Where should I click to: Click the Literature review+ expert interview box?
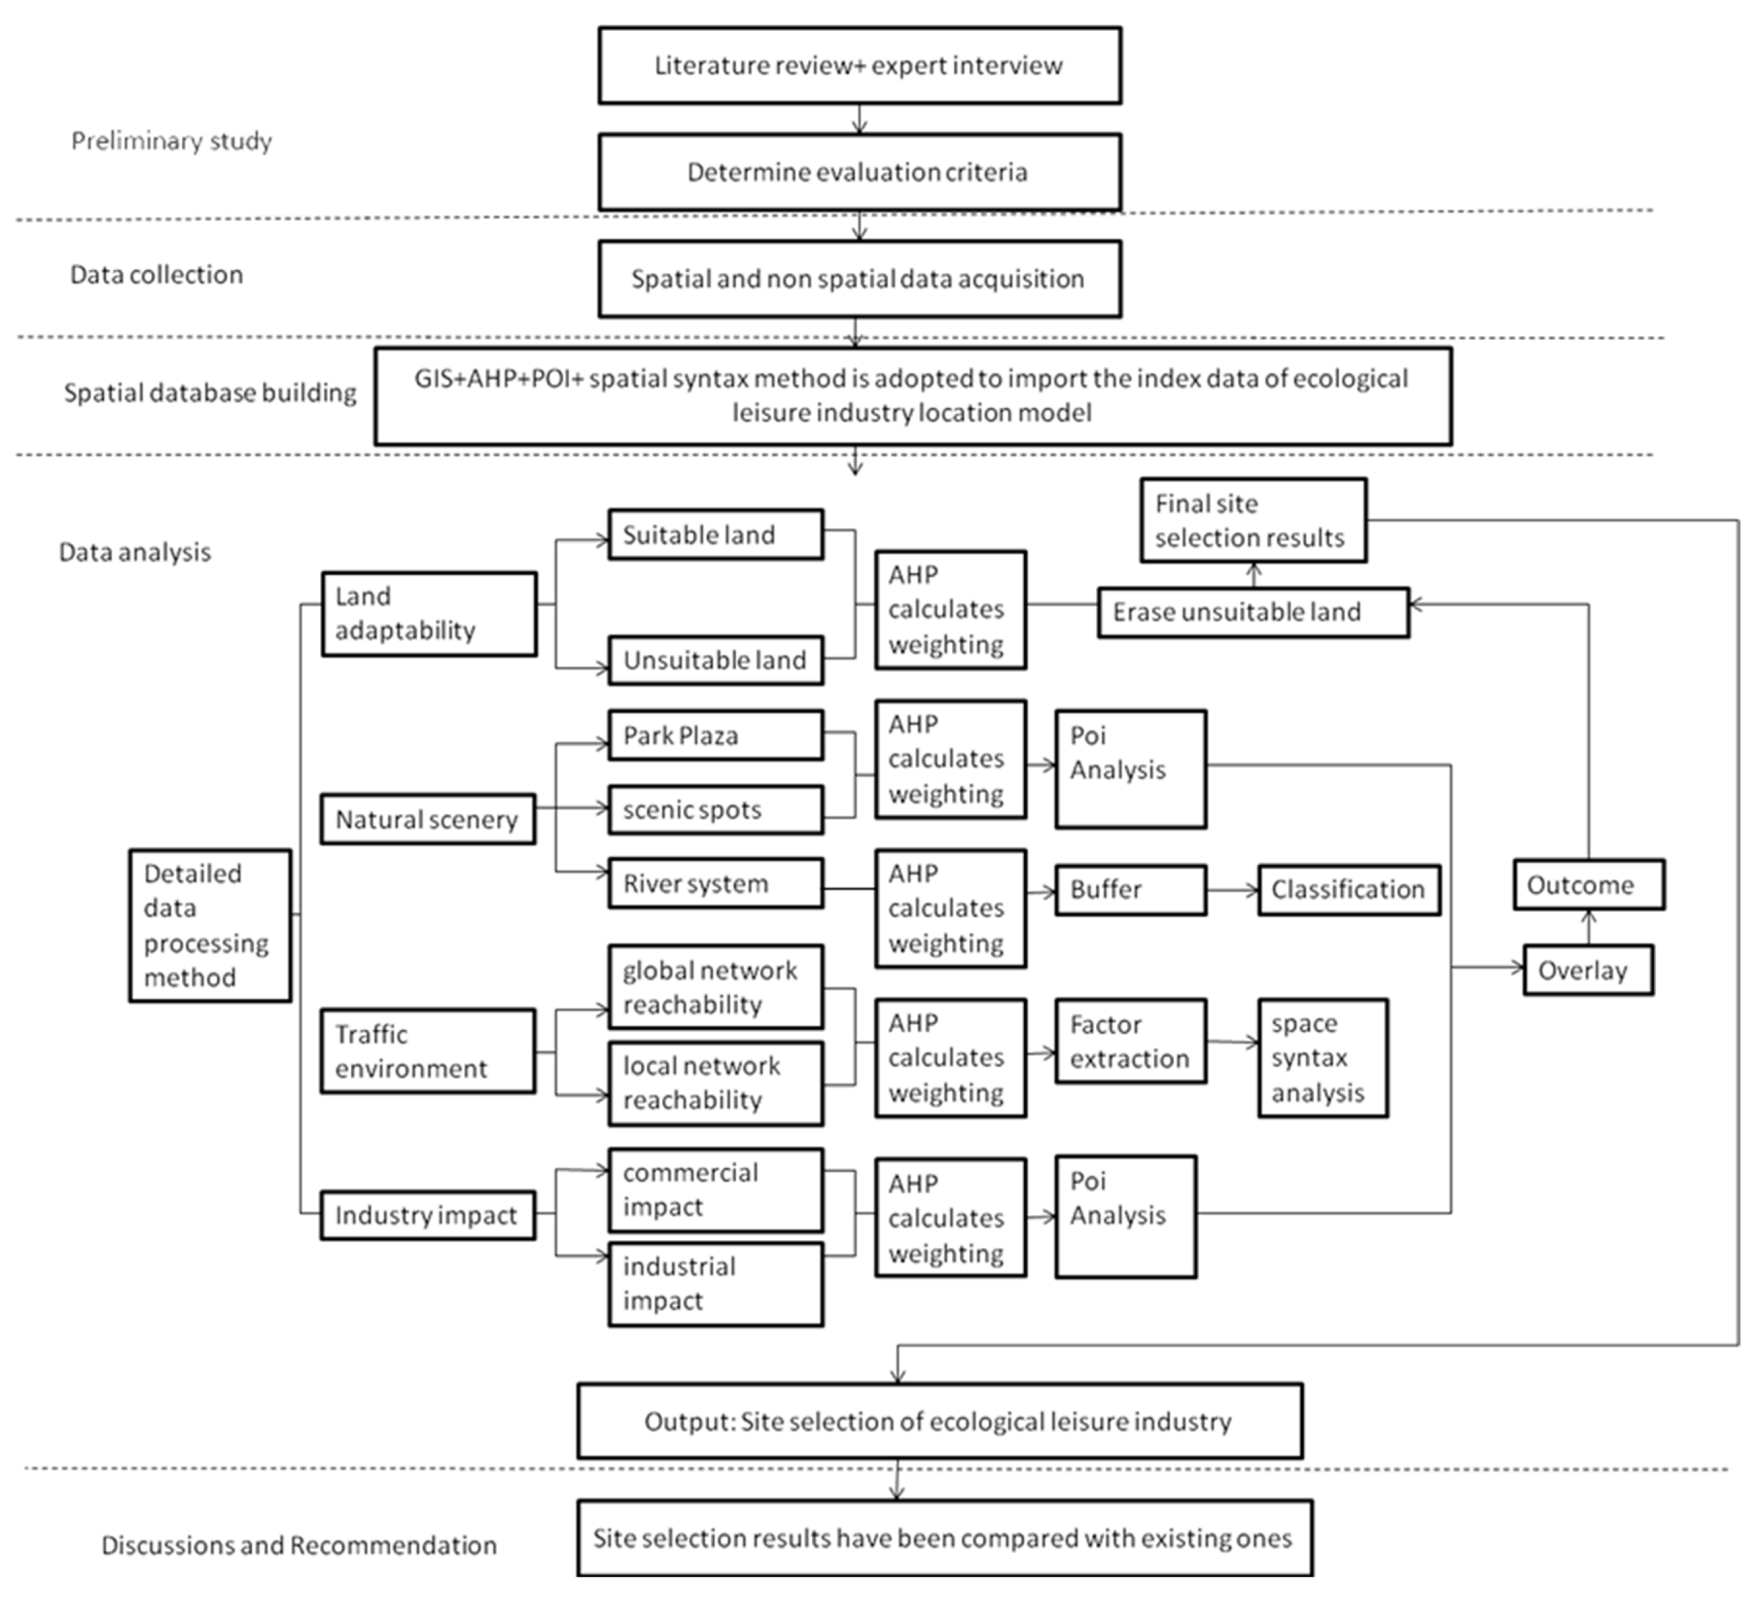pyautogui.click(x=859, y=66)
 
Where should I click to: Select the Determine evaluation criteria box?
pyautogui.click(x=859, y=172)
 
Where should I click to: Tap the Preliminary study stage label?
pyautogui.click(x=171, y=141)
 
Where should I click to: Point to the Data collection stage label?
pyautogui.click(x=156, y=274)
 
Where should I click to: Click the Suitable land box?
pyautogui.click(x=715, y=535)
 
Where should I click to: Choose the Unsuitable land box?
pyautogui.click(x=715, y=660)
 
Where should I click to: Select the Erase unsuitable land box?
pyautogui.click(x=1252, y=612)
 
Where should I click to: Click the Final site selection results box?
pyautogui.click(x=1252, y=520)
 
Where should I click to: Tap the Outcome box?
pyautogui.click(x=1588, y=885)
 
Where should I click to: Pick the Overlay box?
pyautogui.click(x=1587, y=970)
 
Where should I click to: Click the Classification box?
pyautogui.click(x=1349, y=889)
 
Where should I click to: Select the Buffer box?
pyautogui.click(x=1130, y=889)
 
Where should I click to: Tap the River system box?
pyautogui.click(x=715, y=883)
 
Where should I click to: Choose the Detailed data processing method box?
pyautogui.click(x=210, y=925)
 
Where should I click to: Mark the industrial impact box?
pyautogui.click(x=715, y=1283)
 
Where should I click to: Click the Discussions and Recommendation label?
pyautogui.click(x=299, y=1545)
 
